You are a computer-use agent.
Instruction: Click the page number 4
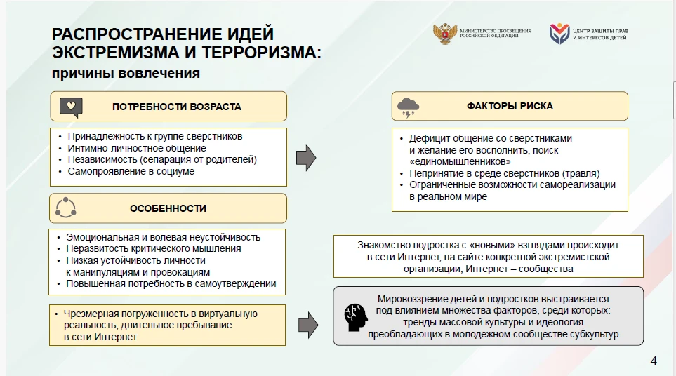pyautogui.click(x=654, y=361)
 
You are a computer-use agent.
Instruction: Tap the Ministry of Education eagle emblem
pyautogui.click(x=445, y=34)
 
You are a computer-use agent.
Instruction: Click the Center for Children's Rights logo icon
pyautogui.click(x=559, y=34)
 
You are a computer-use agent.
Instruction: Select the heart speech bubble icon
pyautogui.click(x=71, y=107)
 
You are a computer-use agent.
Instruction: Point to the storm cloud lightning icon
pyautogui.click(x=408, y=107)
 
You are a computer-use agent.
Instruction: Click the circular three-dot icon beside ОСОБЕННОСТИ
pyautogui.click(x=65, y=208)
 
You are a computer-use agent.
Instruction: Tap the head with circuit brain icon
pyautogui.click(x=356, y=317)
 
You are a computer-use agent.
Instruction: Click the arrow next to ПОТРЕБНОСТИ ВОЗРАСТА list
pyautogui.click(x=306, y=158)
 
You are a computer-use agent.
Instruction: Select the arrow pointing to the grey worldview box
pyautogui.click(x=308, y=325)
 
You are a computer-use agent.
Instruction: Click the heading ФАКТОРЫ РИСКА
pyautogui.click(x=510, y=106)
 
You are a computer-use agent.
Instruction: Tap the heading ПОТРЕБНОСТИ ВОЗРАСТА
pyautogui.click(x=177, y=107)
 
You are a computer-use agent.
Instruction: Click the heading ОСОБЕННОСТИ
pyautogui.click(x=168, y=208)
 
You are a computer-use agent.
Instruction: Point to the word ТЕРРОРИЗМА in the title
pyautogui.click(x=261, y=53)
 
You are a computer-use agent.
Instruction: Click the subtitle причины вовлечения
pyautogui.click(x=126, y=73)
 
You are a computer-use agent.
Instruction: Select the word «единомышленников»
pyautogui.click(x=460, y=162)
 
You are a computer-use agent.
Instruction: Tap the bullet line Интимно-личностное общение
pyautogui.click(x=137, y=148)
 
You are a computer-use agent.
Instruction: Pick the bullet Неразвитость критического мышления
pyautogui.click(x=154, y=249)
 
